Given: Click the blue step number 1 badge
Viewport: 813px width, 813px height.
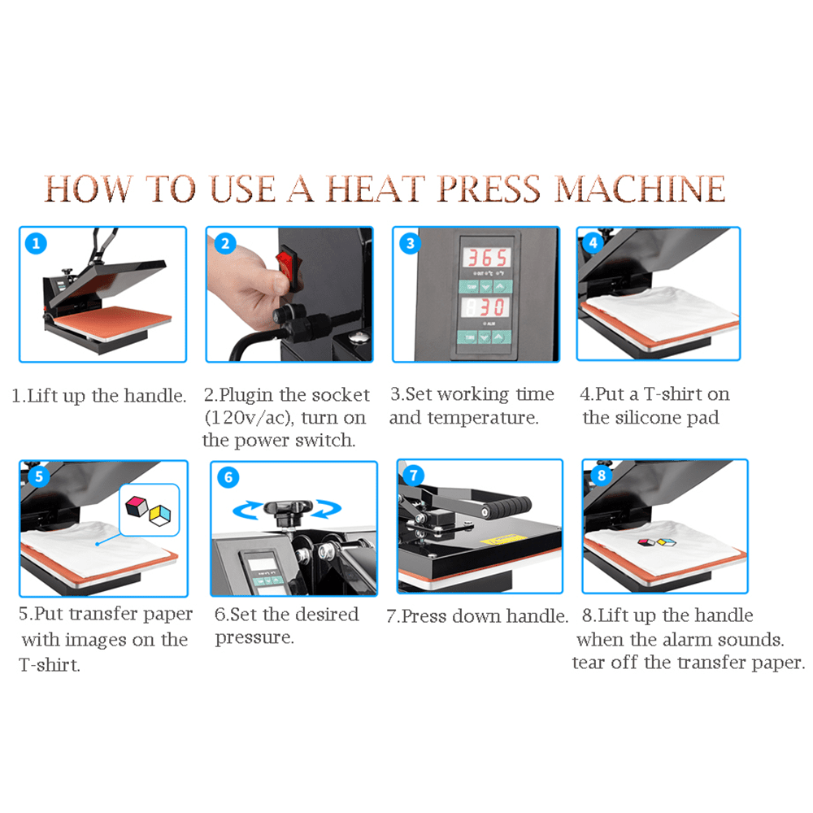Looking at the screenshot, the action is pos(36,243).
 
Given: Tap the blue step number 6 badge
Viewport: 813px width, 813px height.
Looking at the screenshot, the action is pos(228,477).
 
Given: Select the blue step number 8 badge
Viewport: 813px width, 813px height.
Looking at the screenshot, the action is pos(602,476).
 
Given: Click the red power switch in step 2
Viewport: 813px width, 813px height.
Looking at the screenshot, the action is pos(285,263).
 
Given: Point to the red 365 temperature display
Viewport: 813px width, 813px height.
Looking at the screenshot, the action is pos(486,258).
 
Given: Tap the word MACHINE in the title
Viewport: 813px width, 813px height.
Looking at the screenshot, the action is pos(640,189).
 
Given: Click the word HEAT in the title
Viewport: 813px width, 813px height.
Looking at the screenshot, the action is pos(376,189).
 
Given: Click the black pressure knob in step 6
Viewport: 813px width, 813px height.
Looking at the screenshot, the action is pos(288,510).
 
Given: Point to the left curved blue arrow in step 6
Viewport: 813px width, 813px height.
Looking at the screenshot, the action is pos(247,510).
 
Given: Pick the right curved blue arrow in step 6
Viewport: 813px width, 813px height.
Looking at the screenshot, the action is pos(327,509).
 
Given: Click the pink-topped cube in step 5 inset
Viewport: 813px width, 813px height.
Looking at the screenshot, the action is pos(137,506).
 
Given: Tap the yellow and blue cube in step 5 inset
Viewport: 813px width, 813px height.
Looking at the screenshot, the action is pos(159,515).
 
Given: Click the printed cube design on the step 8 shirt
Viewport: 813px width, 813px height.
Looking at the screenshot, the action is pos(657,542).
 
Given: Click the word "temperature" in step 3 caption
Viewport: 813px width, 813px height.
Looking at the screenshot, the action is pos(483,418).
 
